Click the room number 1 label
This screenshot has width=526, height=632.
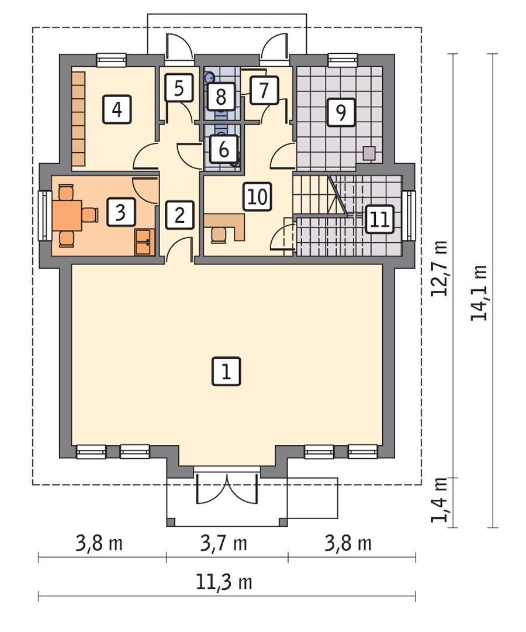pos(227,372)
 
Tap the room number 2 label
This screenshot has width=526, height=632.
pos(179,215)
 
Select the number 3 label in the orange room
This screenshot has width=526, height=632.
pos(120,212)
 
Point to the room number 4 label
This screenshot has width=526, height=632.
pos(117,109)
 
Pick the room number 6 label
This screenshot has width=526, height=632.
pos(223,149)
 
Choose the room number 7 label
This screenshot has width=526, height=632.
pos(264,91)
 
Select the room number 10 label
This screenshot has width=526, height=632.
pos(257,197)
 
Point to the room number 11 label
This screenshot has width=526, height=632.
pos(380,219)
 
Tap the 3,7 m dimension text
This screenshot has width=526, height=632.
pos(223,544)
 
